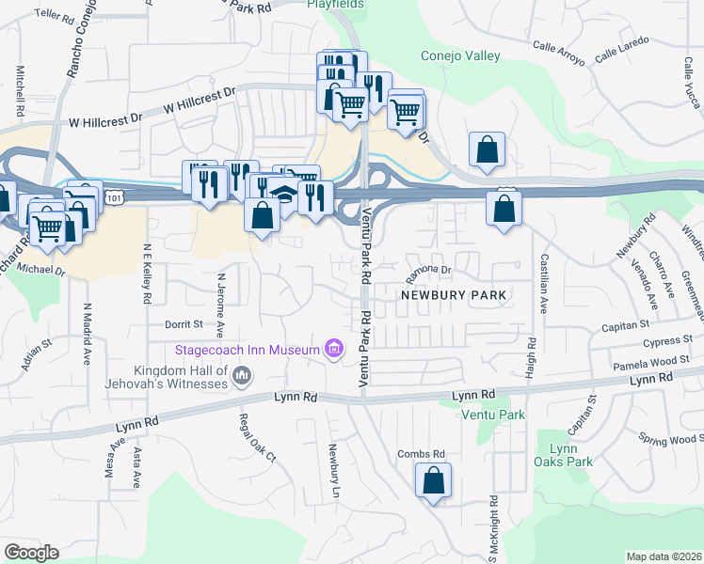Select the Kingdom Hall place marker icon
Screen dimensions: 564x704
pyautogui.click(x=241, y=376)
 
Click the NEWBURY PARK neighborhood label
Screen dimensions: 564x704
pyautogui.click(x=454, y=295)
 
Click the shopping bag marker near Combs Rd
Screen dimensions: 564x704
pyautogui.click(x=433, y=481)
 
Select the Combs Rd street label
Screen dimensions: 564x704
pyautogui.click(x=421, y=454)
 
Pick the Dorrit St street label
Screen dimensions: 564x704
pyautogui.click(x=184, y=324)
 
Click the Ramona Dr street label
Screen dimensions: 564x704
pyautogui.click(x=429, y=274)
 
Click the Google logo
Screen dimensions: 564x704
pyautogui.click(x=31, y=553)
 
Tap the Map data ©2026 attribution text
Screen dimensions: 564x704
pyautogui.click(x=664, y=556)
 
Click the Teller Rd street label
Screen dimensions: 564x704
pyautogui.click(x=58, y=15)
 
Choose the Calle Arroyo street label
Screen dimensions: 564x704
pyautogui.click(x=558, y=54)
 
